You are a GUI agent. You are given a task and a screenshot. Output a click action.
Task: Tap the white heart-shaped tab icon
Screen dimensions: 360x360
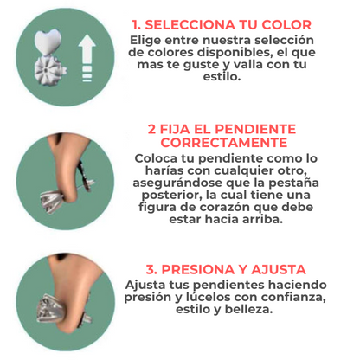pyautogui.click(x=48, y=42)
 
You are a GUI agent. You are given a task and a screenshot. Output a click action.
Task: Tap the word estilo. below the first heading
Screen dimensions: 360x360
pyautogui.click(x=222, y=76)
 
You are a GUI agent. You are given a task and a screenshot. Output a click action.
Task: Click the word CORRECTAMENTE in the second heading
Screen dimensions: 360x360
pyautogui.click(x=224, y=142)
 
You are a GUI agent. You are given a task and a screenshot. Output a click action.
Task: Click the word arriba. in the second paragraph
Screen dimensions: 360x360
pyautogui.click(x=262, y=219)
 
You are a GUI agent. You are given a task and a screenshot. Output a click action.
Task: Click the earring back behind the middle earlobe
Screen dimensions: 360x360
pyautogui.click(x=86, y=177)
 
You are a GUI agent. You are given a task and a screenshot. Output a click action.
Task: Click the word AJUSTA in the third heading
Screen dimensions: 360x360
pyautogui.click(x=279, y=270)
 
